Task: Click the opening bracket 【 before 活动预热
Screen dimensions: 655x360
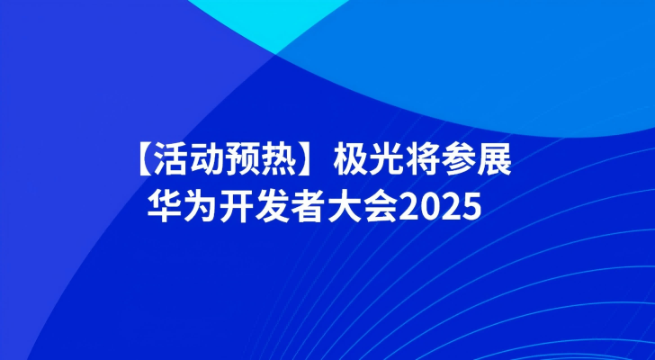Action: pyautogui.click(x=146, y=160)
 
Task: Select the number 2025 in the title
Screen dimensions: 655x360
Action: pyautogui.click(x=440, y=207)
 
